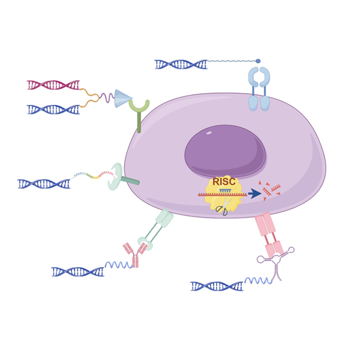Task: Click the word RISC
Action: tap(224, 182)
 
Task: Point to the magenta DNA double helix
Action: tap(53, 85)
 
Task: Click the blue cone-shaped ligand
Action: tap(123, 98)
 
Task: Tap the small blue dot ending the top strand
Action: tap(258, 61)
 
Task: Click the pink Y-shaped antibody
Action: tap(135, 255)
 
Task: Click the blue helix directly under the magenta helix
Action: tap(53, 109)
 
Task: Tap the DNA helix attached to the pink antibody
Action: tap(77, 272)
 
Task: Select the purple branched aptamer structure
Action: tap(277, 260)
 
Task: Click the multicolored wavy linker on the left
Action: tap(94, 176)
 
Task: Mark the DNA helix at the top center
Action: tap(181, 64)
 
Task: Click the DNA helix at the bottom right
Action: tap(217, 286)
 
